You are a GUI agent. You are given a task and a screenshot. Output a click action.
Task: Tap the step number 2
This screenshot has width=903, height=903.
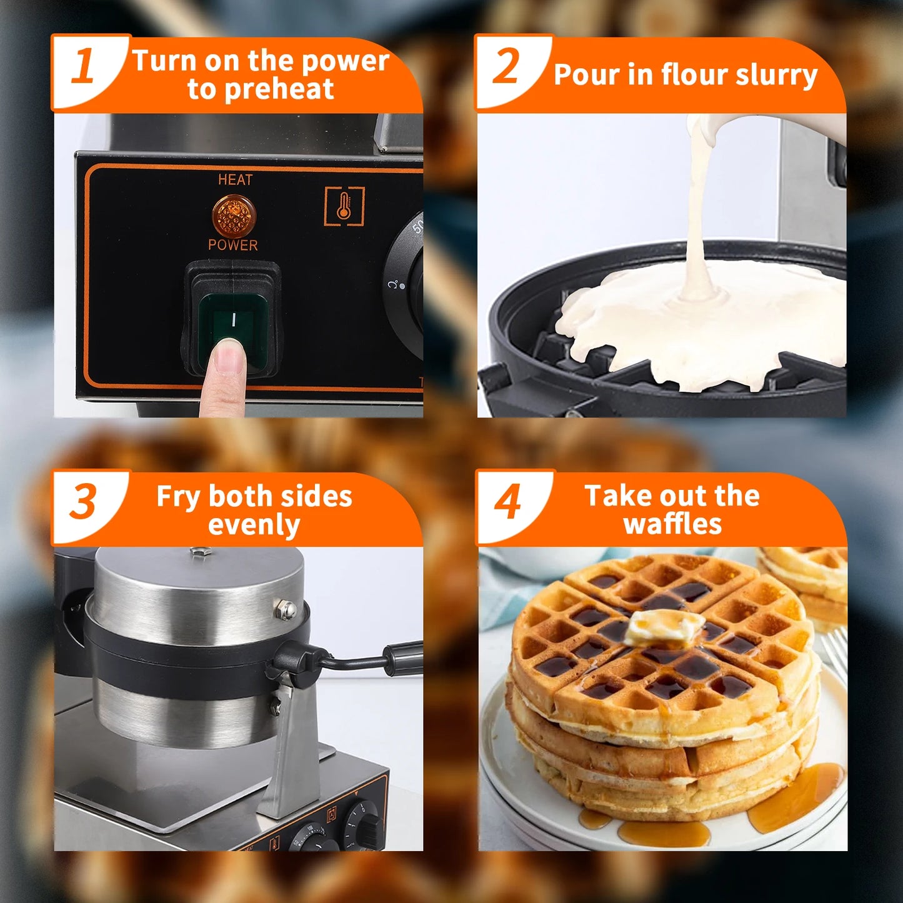pos(506,66)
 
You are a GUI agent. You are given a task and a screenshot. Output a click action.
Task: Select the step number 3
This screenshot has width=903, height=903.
pos(82,502)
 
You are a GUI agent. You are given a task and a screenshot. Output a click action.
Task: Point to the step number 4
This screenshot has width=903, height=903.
pos(508,502)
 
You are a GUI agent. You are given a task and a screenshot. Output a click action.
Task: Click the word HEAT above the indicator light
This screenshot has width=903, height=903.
pos(235,180)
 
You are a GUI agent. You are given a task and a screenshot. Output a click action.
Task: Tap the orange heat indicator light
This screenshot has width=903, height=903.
pos(234,215)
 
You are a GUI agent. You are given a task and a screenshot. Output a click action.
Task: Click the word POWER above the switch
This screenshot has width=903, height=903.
pos(232,245)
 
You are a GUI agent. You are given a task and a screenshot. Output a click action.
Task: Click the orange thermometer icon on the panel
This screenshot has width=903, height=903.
pos(344,206)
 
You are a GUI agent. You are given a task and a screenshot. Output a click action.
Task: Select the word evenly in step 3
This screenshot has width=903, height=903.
pos(254,526)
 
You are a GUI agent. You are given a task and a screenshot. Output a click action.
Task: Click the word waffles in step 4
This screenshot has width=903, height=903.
pos(672,524)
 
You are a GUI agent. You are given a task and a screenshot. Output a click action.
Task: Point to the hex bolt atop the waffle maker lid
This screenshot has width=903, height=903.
pos(200,552)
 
